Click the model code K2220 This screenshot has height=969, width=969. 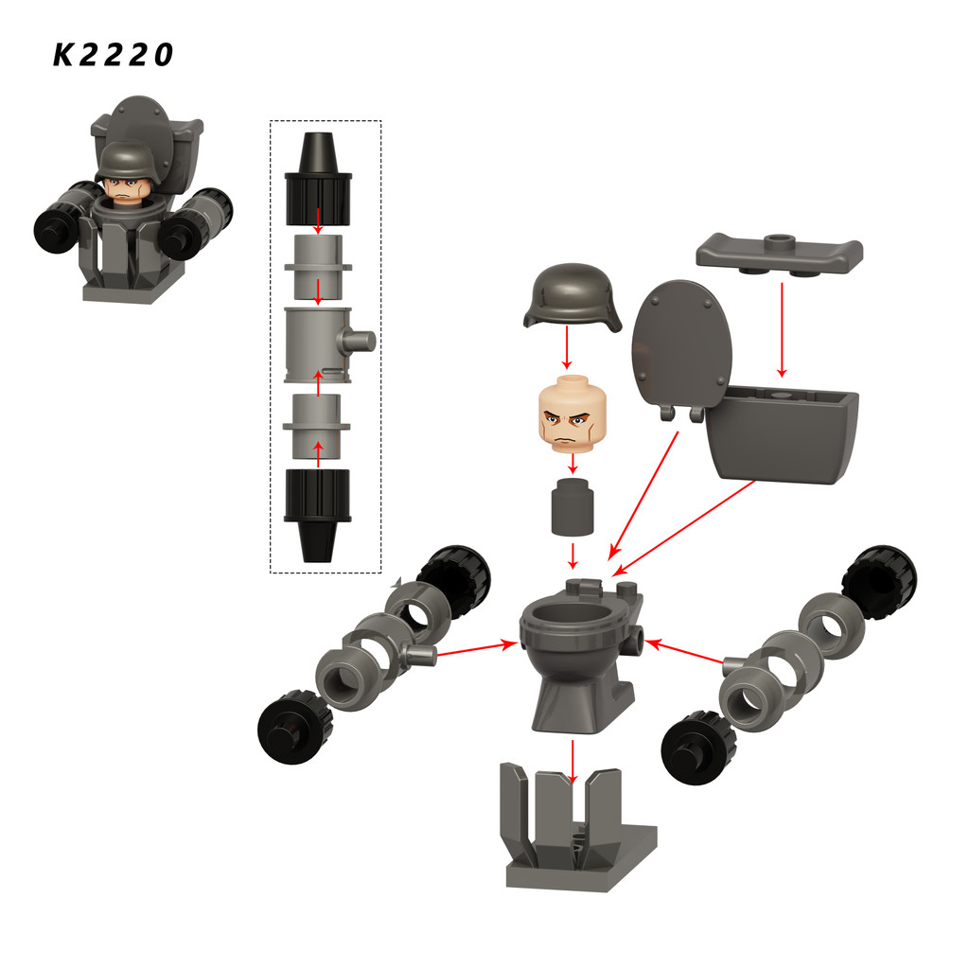114,54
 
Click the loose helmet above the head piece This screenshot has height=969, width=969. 572,296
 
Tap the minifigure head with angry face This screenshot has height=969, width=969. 573,414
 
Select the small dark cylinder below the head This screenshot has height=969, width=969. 573,505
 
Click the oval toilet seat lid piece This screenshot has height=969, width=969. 680,348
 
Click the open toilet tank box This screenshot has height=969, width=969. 782,432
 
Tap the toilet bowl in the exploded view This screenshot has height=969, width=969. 579,656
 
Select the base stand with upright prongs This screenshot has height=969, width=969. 578,826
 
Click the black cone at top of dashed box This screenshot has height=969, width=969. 318,178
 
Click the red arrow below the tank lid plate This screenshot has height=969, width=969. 782,329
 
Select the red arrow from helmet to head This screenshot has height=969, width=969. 568,348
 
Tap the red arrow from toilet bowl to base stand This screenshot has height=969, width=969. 573,762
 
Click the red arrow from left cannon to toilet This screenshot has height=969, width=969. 477,649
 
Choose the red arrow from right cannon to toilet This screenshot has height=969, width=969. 684,652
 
